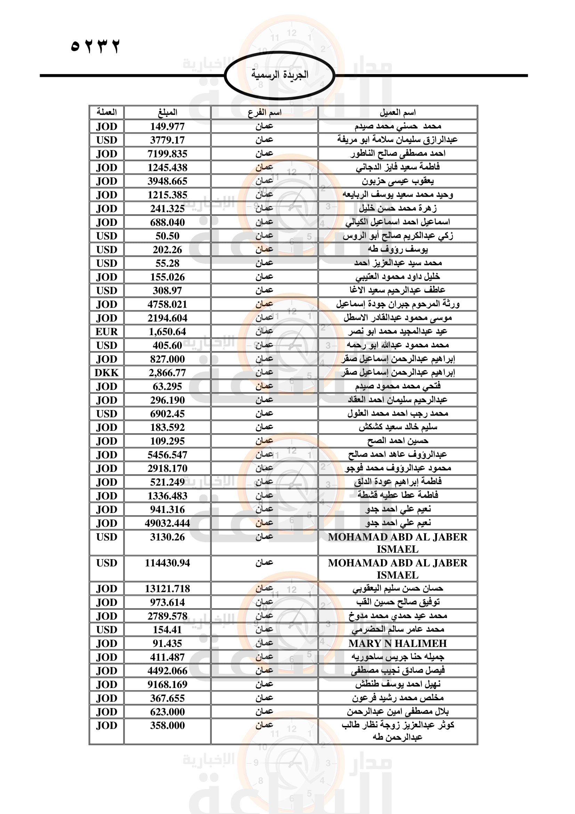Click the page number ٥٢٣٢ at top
coord(95,46)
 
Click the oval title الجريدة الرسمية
coord(280,75)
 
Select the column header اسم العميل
coord(397,112)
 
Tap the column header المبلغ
coord(167,112)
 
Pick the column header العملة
coord(107,112)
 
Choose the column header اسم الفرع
coord(264,112)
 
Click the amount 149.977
coord(167,126)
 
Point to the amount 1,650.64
coord(167,332)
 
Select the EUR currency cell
coord(107,332)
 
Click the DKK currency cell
coord(107,373)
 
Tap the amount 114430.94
coord(167,563)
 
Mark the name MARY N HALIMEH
coord(397,643)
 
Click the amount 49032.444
coord(167,523)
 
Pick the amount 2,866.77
coord(167,373)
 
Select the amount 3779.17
coord(167,140)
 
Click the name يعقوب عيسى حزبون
coord(397,181)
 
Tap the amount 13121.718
coord(167,588)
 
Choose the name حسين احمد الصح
coord(397,441)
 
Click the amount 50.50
coord(167,236)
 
